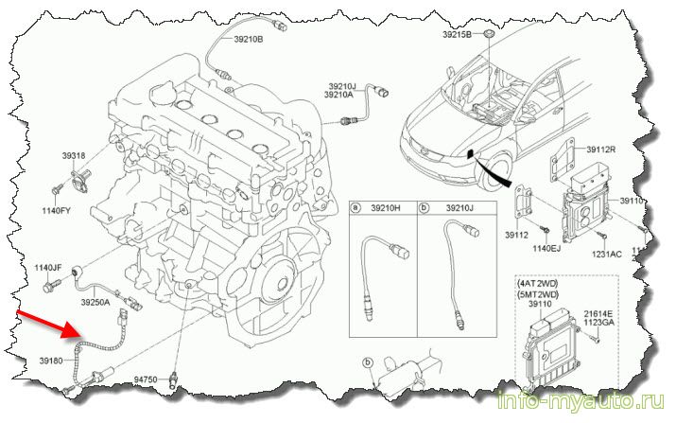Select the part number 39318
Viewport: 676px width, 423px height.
[75, 155]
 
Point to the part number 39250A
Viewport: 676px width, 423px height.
[95, 303]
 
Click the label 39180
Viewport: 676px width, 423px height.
[51, 361]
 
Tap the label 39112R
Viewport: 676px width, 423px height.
[600, 149]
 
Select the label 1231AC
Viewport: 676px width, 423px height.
[607, 255]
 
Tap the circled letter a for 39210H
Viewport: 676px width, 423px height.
[355, 206]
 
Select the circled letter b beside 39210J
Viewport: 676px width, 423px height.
[425, 206]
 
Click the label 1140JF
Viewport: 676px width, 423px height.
[48, 269]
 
